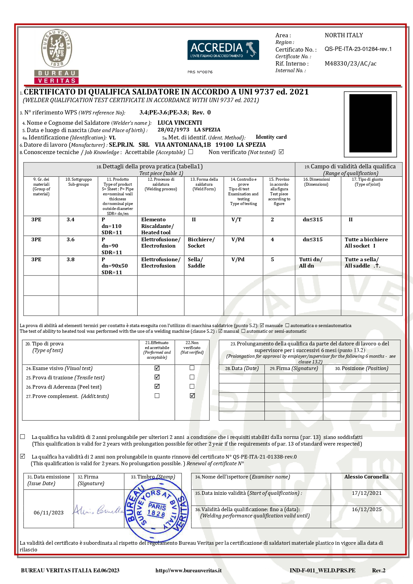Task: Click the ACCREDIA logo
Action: tap(223, 50)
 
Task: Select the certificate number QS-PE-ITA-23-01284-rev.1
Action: tap(358, 49)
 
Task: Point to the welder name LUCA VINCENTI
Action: tap(180, 123)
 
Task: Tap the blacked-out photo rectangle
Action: tap(370, 123)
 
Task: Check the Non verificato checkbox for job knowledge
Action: tap(281, 152)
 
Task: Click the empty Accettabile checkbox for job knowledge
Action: tap(191, 152)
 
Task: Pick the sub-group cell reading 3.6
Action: tap(71, 240)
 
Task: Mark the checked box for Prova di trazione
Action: tap(157, 377)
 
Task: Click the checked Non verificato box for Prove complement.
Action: tap(192, 396)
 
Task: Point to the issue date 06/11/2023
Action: tap(49, 513)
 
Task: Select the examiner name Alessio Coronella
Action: tap(366, 477)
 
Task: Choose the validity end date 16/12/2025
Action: tap(367, 509)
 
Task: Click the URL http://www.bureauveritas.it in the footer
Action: tap(189, 570)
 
